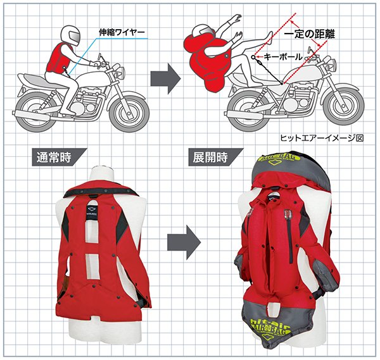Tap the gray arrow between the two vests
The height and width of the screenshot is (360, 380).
[184, 241]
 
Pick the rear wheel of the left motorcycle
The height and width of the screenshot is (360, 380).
[37, 108]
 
